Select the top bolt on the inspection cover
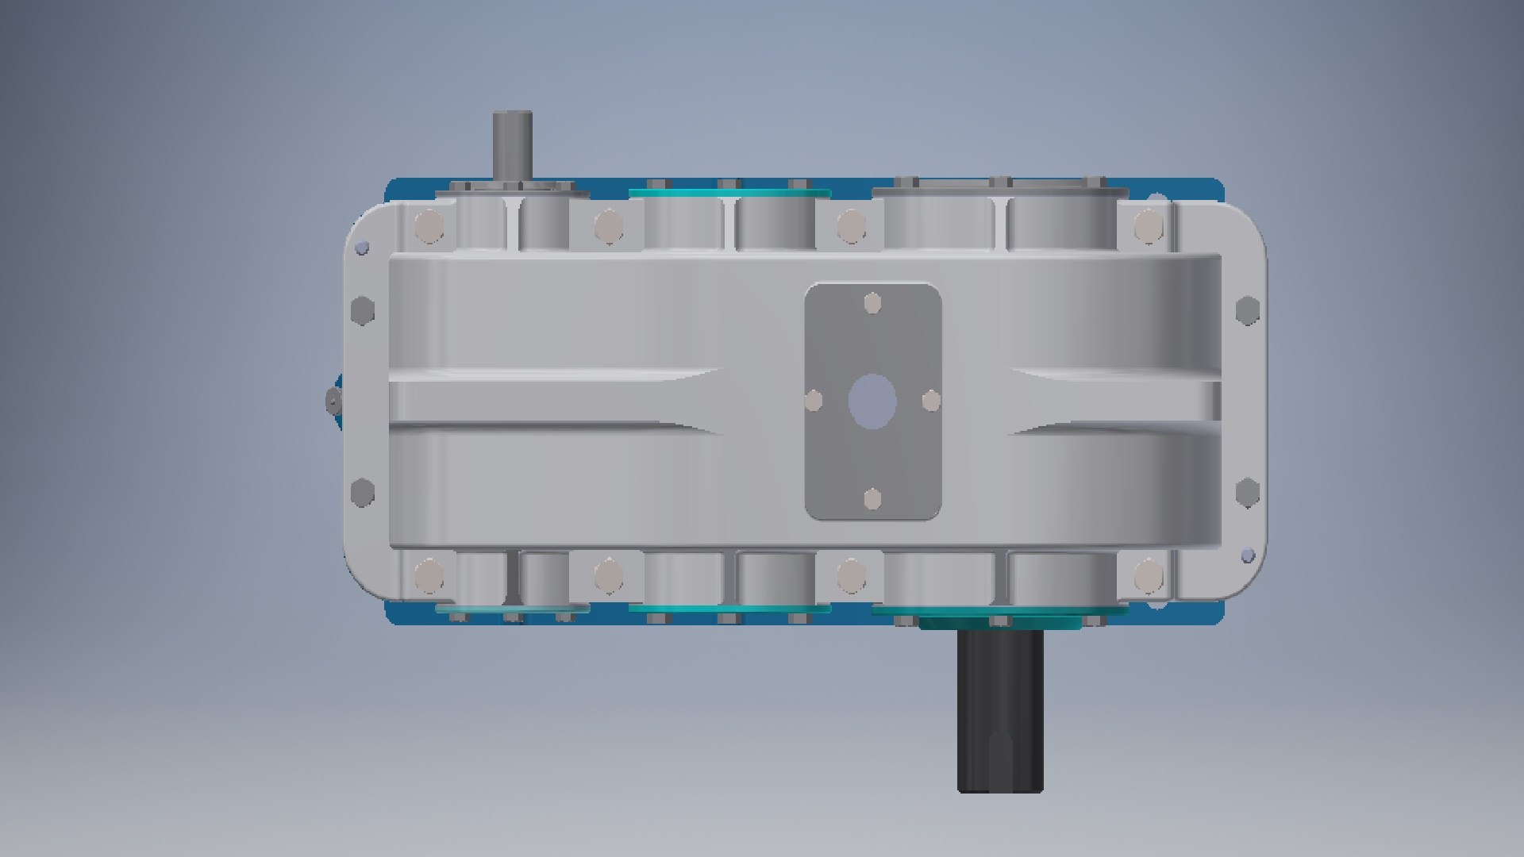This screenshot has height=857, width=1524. click(872, 304)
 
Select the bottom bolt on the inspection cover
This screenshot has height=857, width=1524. click(872, 499)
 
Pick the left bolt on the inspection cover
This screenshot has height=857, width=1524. click(814, 401)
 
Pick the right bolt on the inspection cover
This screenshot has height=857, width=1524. click(931, 401)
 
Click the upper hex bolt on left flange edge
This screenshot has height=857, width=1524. click(362, 309)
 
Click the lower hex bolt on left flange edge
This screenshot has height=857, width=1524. click(362, 492)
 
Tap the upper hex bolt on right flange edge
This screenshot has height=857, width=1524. click(1248, 309)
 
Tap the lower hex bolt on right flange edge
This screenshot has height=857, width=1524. click(1248, 492)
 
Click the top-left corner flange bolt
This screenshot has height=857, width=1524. click(429, 225)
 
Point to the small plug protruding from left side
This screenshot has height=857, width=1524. click(331, 401)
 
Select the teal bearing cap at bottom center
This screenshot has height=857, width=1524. click(729, 609)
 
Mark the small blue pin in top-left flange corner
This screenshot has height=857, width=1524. click(363, 248)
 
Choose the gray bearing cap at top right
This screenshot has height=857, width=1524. click(1000, 190)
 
